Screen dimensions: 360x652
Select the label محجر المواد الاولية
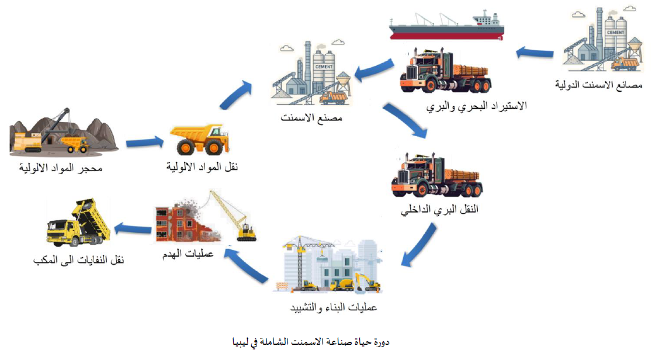point(61,169)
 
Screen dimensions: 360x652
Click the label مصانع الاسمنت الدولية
point(598,85)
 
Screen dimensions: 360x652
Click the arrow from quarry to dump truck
point(145,142)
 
